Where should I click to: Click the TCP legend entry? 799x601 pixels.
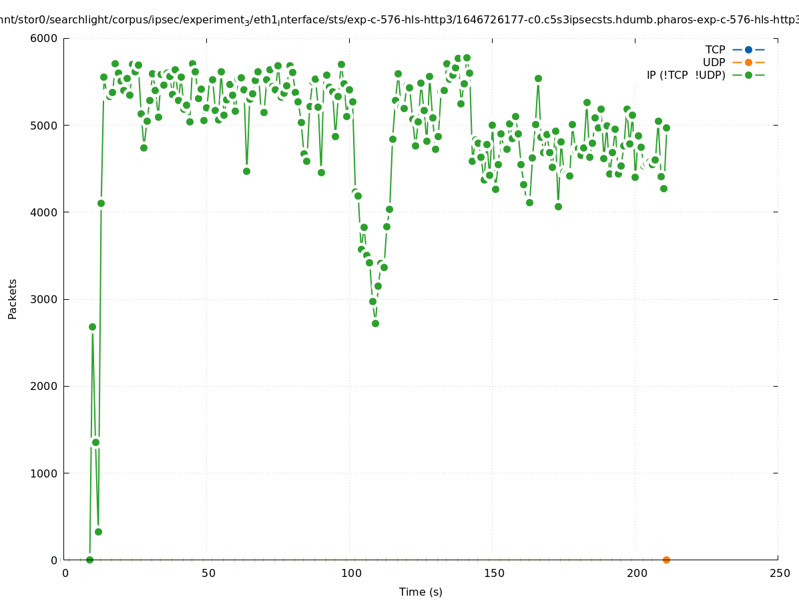click(715, 49)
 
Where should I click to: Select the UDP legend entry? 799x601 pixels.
click(714, 62)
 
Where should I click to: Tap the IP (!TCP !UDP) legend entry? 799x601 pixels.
click(686, 75)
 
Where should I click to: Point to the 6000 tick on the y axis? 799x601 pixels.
click(45, 38)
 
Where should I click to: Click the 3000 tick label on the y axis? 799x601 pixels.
click(45, 299)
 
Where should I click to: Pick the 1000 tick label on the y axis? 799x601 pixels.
click(45, 473)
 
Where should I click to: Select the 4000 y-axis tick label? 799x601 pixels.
click(45, 212)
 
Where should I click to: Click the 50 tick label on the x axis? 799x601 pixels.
click(208, 573)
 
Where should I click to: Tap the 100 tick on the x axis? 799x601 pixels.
click(351, 573)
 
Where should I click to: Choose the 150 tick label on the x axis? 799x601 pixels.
click(494, 573)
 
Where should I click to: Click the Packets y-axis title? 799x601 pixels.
click(13, 299)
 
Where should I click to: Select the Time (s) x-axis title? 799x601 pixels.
click(421, 592)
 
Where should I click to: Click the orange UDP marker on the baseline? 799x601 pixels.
click(666, 560)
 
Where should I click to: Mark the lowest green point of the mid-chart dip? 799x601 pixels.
click(375, 323)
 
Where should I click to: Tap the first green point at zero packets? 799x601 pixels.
click(89, 560)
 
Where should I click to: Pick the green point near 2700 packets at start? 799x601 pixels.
click(92, 327)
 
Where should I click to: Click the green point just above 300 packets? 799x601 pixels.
click(98, 532)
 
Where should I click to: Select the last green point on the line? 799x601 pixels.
click(666, 128)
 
